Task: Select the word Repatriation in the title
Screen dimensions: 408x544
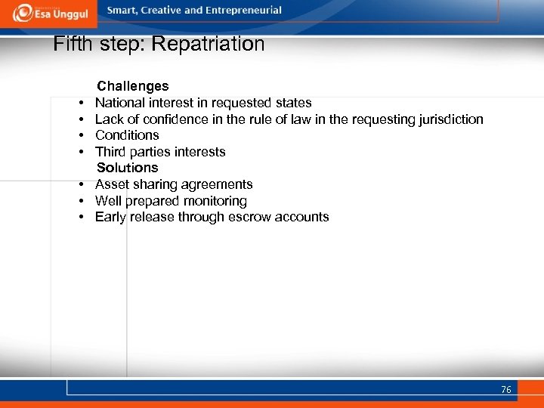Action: [x=208, y=44]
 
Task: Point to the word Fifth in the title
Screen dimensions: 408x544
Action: [x=73, y=44]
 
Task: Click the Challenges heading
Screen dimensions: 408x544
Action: [x=132, y=86]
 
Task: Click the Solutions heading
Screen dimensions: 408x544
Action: [x=127, y=168]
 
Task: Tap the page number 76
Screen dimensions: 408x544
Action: [x=505, y=389]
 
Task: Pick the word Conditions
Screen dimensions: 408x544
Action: [x=127, y=135]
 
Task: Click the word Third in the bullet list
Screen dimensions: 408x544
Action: [x=110, y=152]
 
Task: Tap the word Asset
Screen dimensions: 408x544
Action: [x=112, y=184]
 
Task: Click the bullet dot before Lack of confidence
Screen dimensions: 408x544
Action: [x=79, y=119]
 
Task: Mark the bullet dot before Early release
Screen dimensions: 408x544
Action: [x=79, y=218]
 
